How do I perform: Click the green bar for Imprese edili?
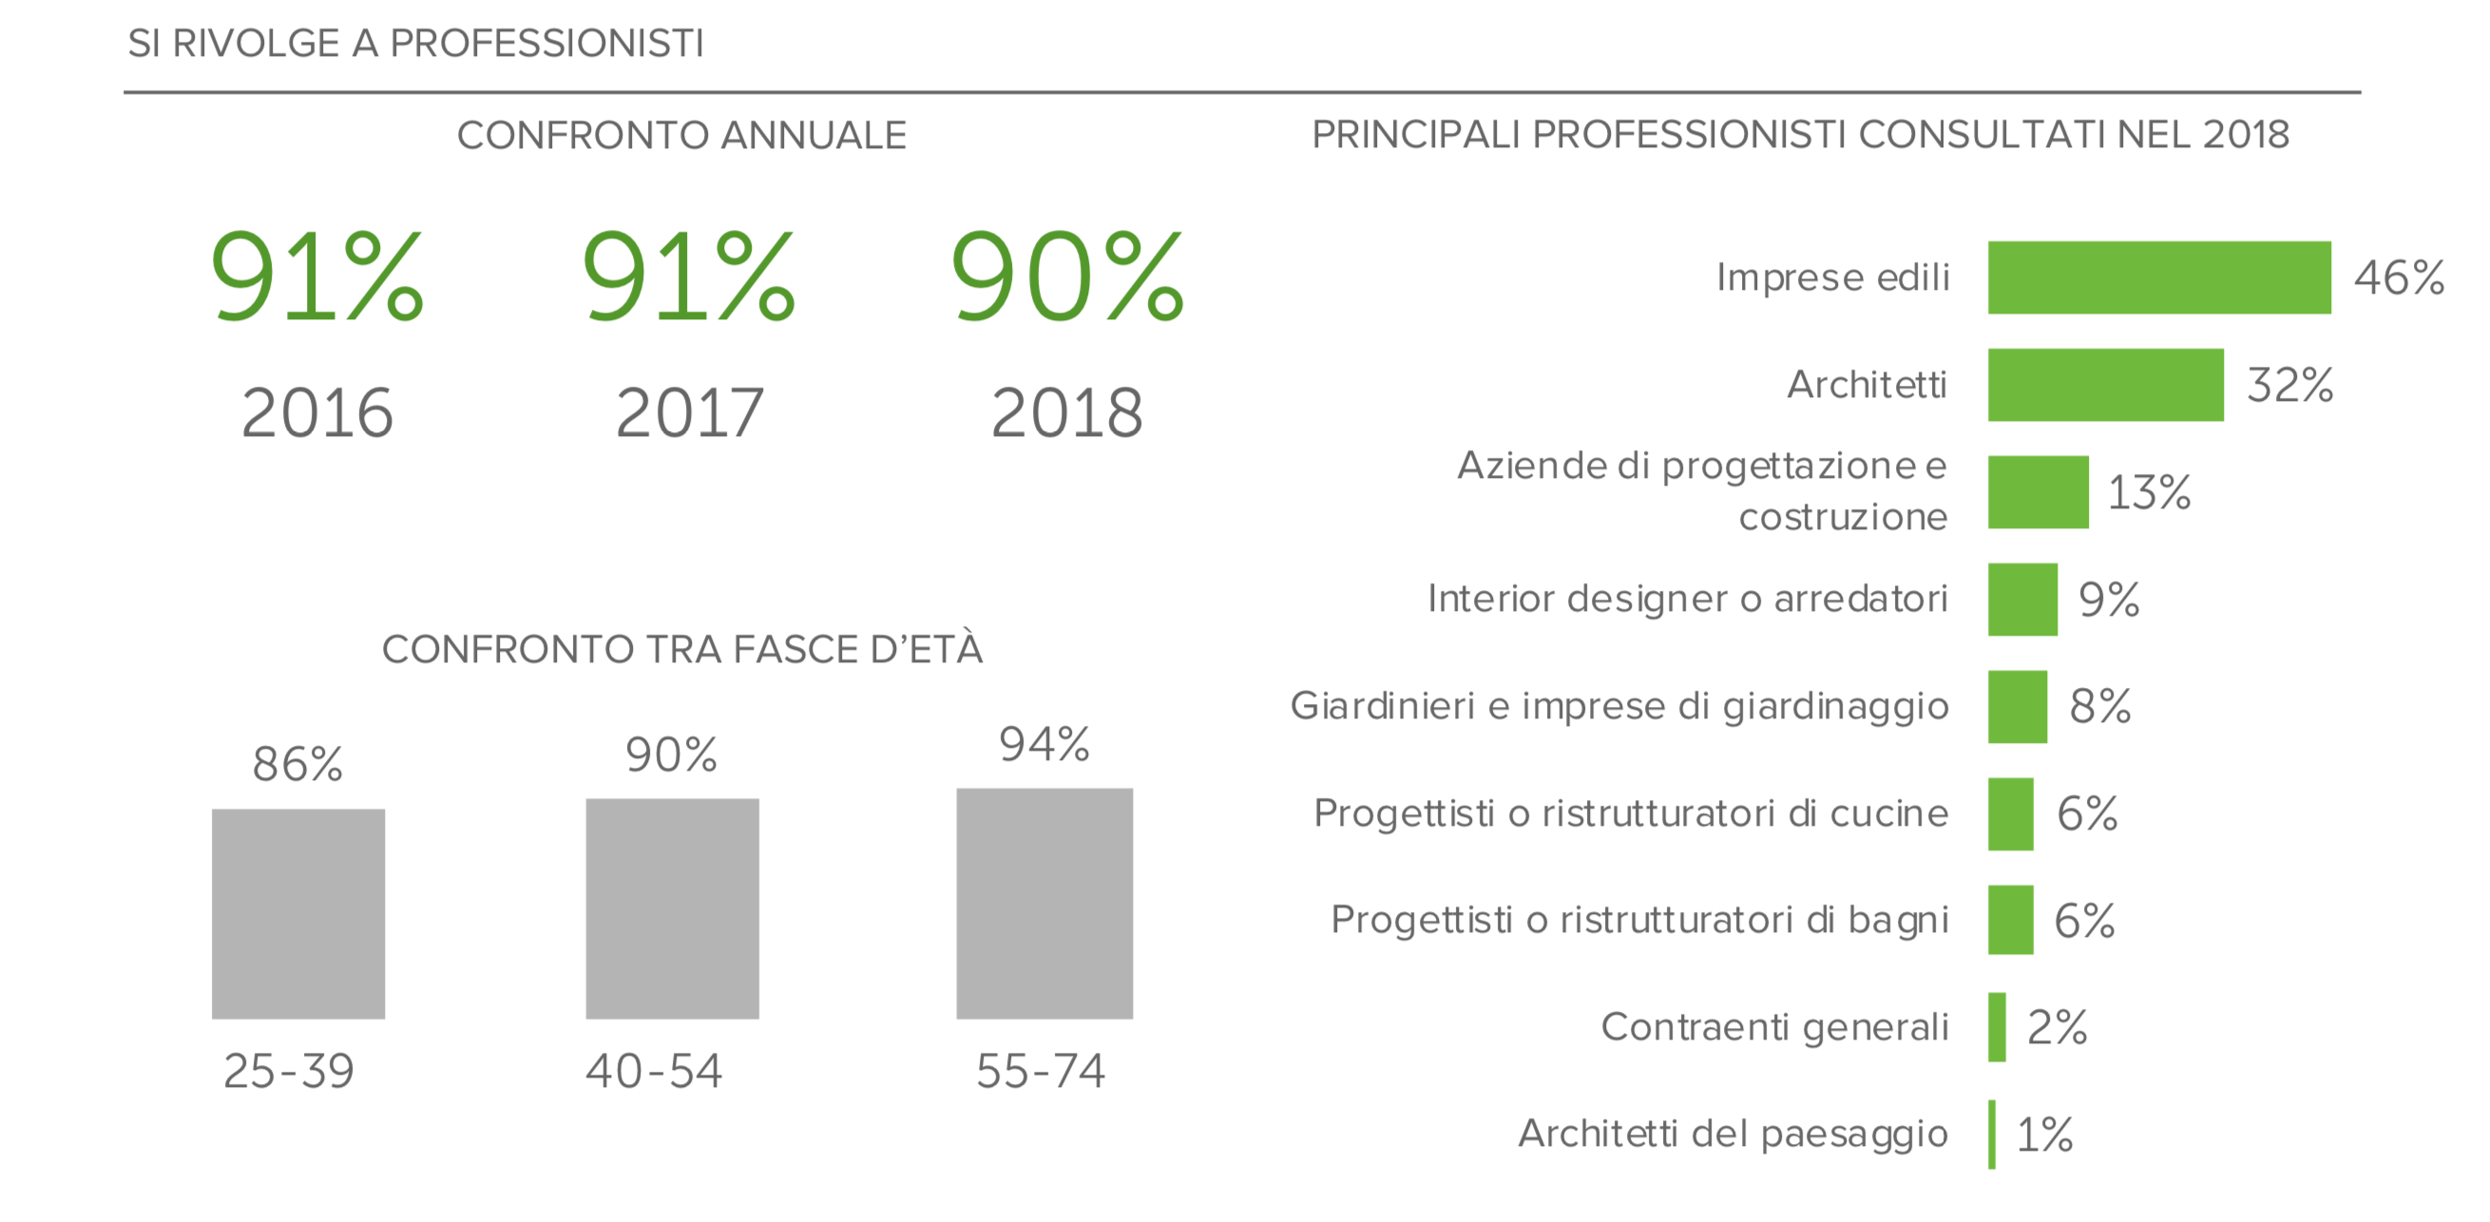[x=2158, y=277]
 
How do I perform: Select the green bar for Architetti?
[x=2105, y=385]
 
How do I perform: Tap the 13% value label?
[x=2148, y=492]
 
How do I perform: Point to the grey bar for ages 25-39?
[x=297, y=913]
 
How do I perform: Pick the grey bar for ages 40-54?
[x=672, y=908]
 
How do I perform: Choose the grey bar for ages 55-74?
[x=1044, y=903]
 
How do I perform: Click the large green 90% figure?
[x=1066, y=277]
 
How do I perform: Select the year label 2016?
[x=317, y=412]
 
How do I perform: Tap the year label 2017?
[x=689, y=412]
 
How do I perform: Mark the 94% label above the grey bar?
[x=1044, y=744]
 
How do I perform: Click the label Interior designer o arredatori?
[x=1687, y=600]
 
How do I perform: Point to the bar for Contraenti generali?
[x=1996, y=1026]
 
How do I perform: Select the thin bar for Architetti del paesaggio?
[x=1991, y=1134]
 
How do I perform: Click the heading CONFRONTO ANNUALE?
[x=681, y=135]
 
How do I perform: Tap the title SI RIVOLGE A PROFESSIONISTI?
[x=415, y=44]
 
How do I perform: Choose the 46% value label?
[x=2398, y=277]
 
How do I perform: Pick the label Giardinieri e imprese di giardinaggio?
[x=1619, y=707]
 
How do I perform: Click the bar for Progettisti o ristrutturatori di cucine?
[x=2010, y=814]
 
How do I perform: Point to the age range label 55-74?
[x=1040, y=1071]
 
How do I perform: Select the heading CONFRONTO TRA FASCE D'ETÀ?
[x=682, y=650]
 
